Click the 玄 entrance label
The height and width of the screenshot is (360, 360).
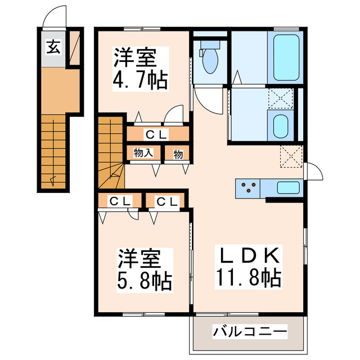(x=52, y=47)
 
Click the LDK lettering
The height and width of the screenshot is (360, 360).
(x=247, y=256)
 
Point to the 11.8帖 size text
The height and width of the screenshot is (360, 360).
(x=247, y=278)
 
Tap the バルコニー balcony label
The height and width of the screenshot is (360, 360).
(x=250, y=331)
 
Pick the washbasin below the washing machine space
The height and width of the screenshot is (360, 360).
(x=280, y=125)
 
